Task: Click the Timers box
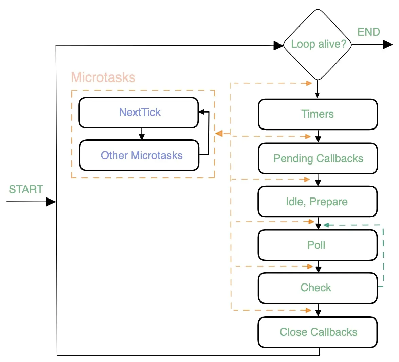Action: tap(318, 114)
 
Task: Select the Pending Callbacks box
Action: tap(318, 158)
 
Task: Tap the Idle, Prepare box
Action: tap(318, 202)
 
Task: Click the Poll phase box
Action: tap(318, 245)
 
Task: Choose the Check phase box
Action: tap(318, 288)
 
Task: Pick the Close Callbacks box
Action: tap(318, 332)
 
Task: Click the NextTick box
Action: tap(139, 113)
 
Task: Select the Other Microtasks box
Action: tap(139, 155)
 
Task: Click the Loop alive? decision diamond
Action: tap(318, 45)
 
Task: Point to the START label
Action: tap(26, 189)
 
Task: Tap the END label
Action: tap(368, 32)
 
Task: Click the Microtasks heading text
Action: tap(103, 77)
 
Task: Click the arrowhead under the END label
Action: tap(387, 45)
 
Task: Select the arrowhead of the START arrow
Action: tap(51, 202)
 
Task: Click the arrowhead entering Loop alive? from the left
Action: tap(278, 46)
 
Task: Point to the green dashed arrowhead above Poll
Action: tap(326, 225)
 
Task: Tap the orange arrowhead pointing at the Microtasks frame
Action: tap(219, 134)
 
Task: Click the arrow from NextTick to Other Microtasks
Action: tap(142, 134)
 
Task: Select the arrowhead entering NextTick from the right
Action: tap(202, 112)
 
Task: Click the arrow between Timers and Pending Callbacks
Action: tap(318, 136)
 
